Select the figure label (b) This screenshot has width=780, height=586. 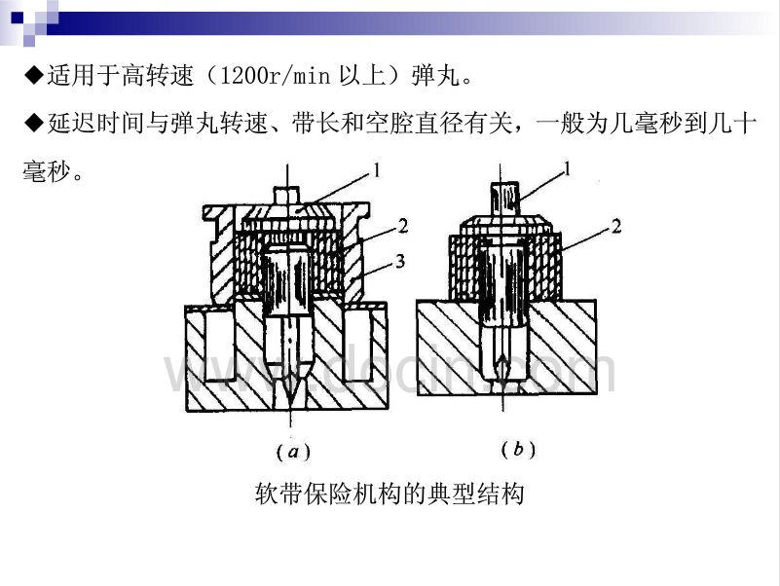517,449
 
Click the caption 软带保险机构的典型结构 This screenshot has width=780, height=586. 389,494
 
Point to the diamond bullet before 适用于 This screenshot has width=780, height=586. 32,75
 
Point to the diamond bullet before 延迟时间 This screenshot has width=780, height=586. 32,122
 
